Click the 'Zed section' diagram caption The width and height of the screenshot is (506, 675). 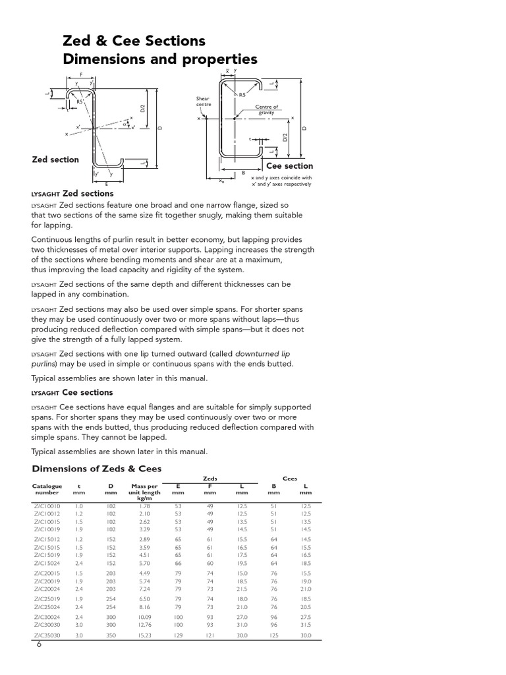coord(55,160)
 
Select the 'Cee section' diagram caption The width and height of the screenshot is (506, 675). coord(289,166)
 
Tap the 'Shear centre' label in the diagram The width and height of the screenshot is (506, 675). coord(202,102)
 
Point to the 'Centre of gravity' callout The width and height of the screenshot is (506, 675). coord(266,109)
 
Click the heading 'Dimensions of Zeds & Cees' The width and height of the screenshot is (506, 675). coord(97,469)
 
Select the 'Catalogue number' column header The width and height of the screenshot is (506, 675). coord(47,489)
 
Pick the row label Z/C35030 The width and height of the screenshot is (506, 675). coord(47,635)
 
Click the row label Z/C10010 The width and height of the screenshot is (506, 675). coord(47,506)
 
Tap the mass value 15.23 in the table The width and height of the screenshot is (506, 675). coord(144,635)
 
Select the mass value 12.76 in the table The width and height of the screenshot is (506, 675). coord(144,624)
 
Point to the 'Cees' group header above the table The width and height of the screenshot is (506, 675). coord(290,479)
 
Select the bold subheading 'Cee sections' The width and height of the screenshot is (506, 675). coord(88,393)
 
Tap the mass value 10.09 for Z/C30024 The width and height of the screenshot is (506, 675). coord(144,616)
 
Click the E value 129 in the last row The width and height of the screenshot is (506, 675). coord(178,635)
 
